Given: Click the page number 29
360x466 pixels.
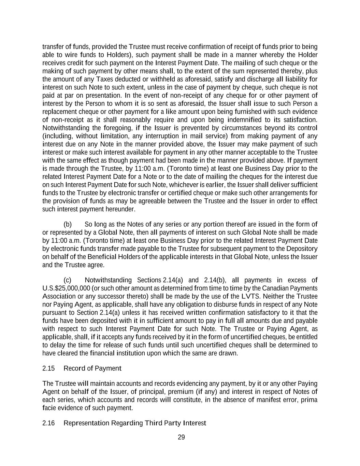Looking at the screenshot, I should pos(181,437).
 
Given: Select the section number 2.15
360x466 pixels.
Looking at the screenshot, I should pos(48,368).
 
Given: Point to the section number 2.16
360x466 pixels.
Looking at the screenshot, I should pos(48,423).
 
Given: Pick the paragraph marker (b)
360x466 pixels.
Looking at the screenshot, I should pos(68,224).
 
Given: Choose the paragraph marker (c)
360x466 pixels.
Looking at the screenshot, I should pos(68,280).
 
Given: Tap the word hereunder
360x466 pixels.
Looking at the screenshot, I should pos(118,209).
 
